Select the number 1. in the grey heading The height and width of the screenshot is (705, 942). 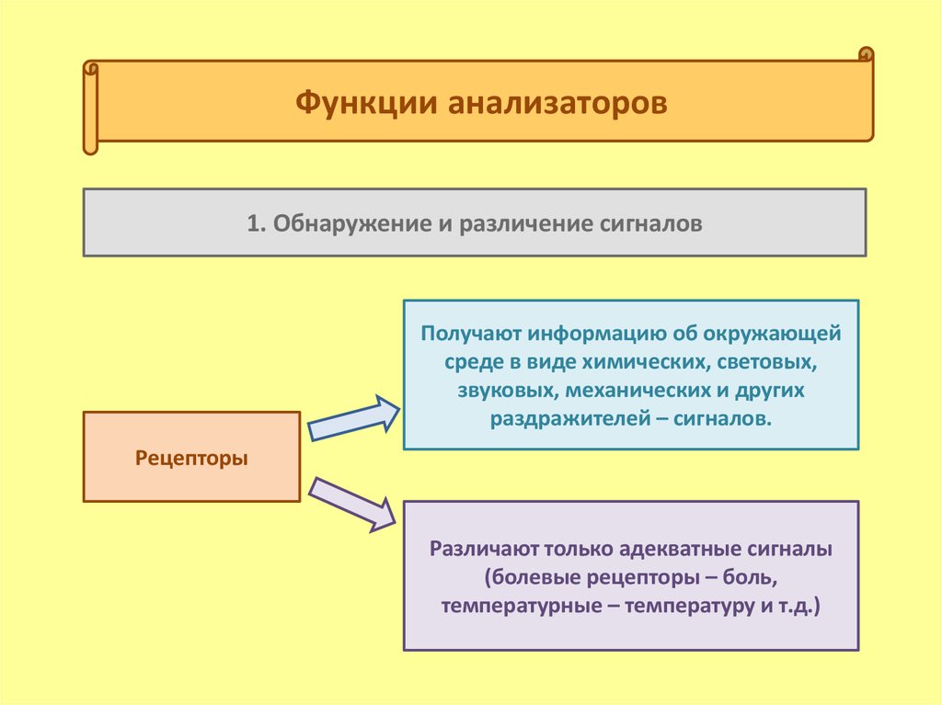click(x=256, y=223)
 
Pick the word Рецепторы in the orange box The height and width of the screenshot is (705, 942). click(x=191, y=457)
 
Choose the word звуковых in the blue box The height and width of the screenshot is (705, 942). click(x=503, y=391)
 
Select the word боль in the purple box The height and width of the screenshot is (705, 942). click(x=757, y=579)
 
